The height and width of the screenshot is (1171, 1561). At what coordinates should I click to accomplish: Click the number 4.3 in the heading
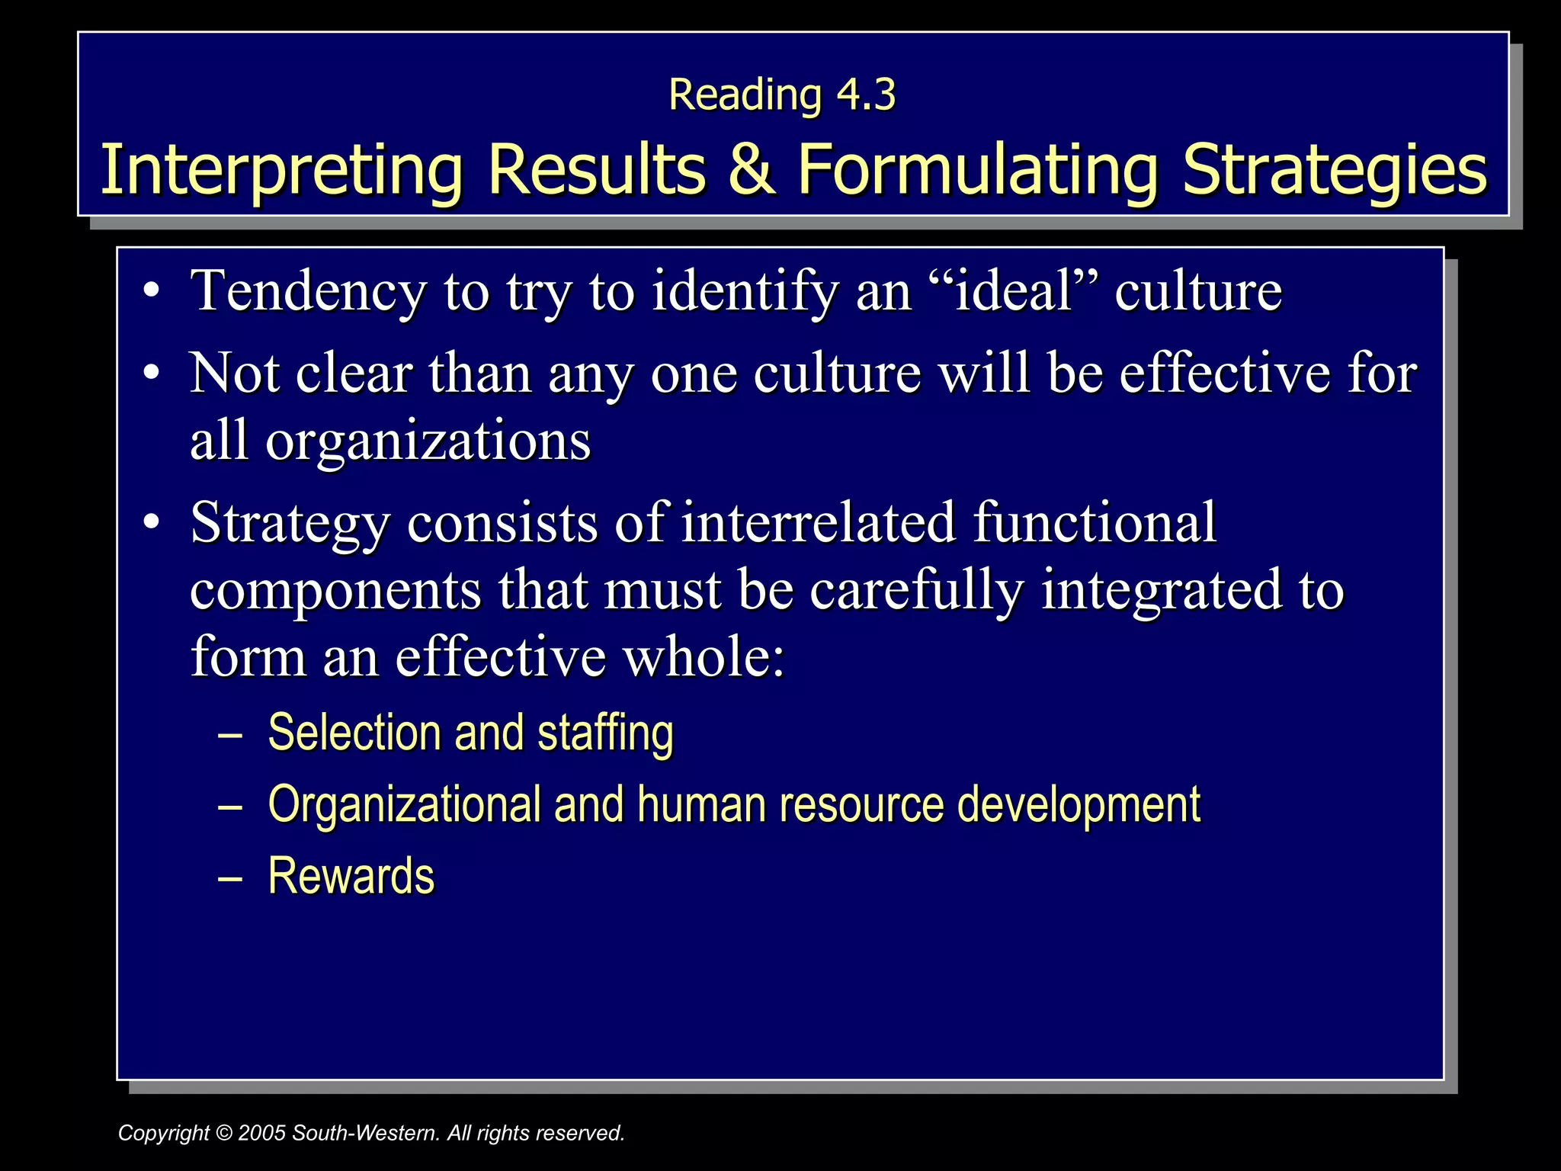coord(866,95)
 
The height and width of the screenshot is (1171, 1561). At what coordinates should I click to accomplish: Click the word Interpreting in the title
coord(281,170)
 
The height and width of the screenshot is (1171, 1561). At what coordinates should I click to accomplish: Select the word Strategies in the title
coord(1334,170)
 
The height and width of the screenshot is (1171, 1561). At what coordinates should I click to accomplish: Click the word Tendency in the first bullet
coord(308,292)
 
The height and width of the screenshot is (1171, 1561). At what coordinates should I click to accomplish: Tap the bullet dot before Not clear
coord(152,373)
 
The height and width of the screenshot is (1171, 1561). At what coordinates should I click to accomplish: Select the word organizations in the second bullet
coord(428,441)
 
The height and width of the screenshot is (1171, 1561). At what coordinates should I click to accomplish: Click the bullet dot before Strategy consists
coord(152,522)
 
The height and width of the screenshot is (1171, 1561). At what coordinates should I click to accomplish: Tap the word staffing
coord(605,734)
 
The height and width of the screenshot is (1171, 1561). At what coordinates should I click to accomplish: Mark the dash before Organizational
coord(229,805)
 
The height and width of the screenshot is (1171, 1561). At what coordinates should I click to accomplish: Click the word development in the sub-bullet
coord(1079,806)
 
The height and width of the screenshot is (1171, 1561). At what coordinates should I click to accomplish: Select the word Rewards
coord(351,876)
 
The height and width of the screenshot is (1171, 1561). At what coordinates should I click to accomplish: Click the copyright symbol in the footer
coord(224,1133)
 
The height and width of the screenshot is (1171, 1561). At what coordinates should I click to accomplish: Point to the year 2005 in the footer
coord(261,1133)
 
